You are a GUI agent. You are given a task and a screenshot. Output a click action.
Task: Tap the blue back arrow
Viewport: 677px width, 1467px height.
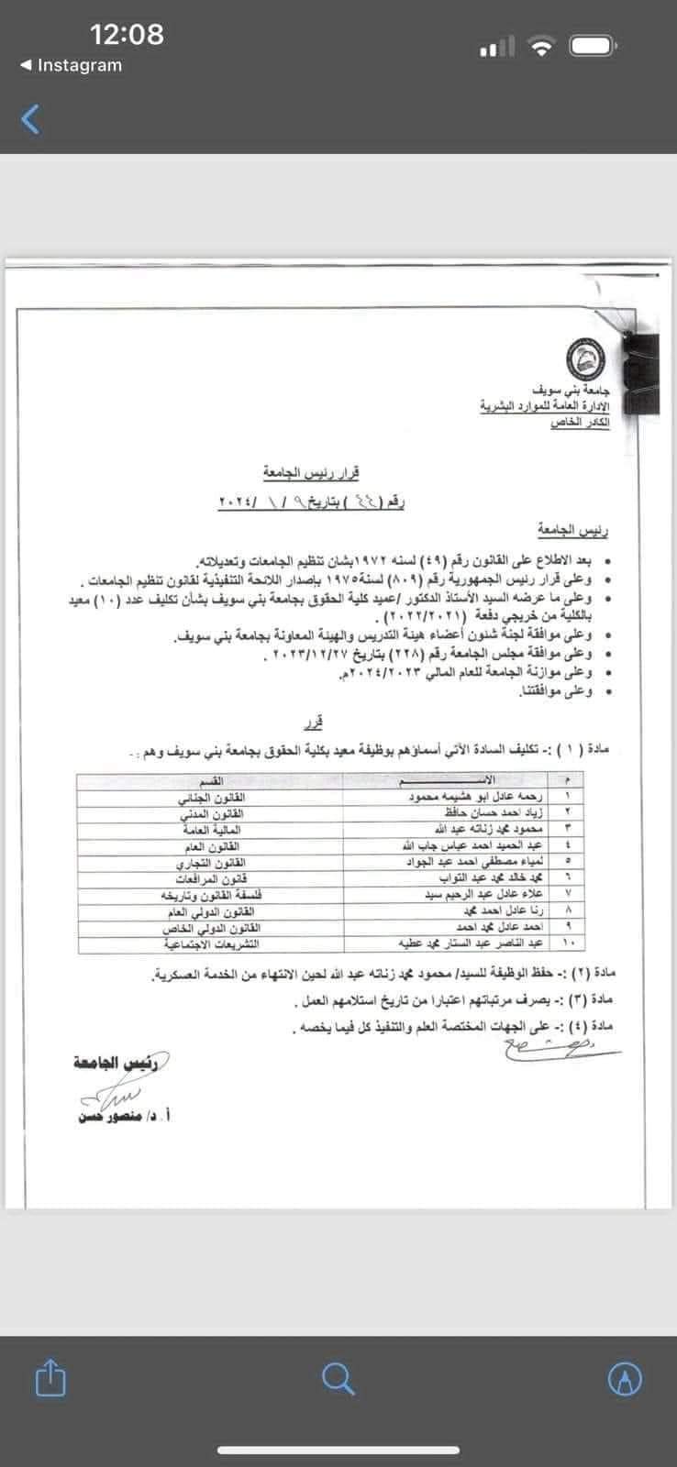coord(31,118)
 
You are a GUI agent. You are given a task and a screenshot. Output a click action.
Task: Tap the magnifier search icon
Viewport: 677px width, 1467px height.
coord(338,1377)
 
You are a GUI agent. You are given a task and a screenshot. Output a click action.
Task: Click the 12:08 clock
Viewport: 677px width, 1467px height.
coord(127,34)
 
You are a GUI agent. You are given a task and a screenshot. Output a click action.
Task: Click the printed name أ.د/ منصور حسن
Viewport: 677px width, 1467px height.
coord(123,1117)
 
